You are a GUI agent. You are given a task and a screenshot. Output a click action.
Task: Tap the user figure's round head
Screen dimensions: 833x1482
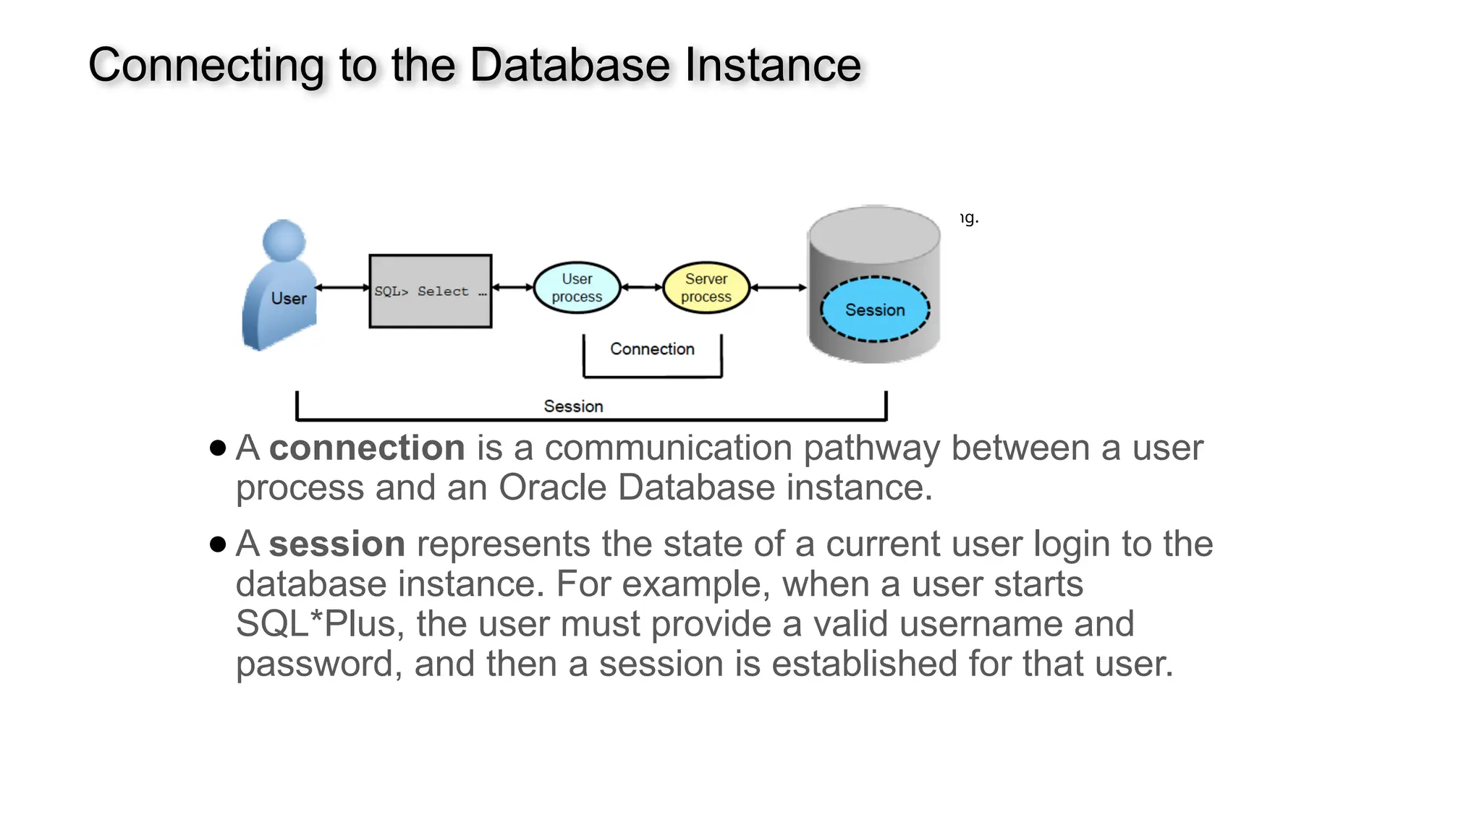click(284, 240)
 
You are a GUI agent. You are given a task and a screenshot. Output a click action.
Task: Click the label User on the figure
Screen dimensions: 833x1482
click(289, 299)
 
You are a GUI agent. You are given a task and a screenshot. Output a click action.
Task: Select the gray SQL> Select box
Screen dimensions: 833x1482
click(431, 291)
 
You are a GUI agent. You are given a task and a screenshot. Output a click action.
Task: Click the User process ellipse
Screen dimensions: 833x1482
click(577, 288)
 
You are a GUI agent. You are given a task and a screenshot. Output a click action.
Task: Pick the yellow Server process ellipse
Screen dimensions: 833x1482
click(706, 288)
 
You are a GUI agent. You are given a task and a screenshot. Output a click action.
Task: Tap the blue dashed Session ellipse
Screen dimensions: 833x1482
click(875, 309)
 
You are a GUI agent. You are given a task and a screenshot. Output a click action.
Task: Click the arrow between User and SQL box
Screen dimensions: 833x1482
click(342, 288)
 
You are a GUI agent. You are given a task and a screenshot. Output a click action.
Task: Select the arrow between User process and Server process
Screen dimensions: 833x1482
click(642, 288)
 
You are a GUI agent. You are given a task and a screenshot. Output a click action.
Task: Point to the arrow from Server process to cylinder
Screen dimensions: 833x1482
click(779, 288)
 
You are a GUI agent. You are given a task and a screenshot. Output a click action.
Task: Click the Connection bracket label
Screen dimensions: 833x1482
click(652, 349)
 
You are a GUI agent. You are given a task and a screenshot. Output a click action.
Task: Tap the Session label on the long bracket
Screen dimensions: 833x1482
click(573, 406)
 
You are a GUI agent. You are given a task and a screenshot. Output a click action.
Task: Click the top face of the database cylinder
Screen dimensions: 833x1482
click(874, 233)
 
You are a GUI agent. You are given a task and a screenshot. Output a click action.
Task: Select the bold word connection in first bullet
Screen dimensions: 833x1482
click(367, 448)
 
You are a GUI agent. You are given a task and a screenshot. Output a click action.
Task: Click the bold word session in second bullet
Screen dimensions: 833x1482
click(336, 544)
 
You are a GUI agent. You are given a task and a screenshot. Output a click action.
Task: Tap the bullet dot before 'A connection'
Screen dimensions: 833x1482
click(218, 448)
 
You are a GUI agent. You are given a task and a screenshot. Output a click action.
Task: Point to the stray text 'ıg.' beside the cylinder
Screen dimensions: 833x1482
click(970, 218)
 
